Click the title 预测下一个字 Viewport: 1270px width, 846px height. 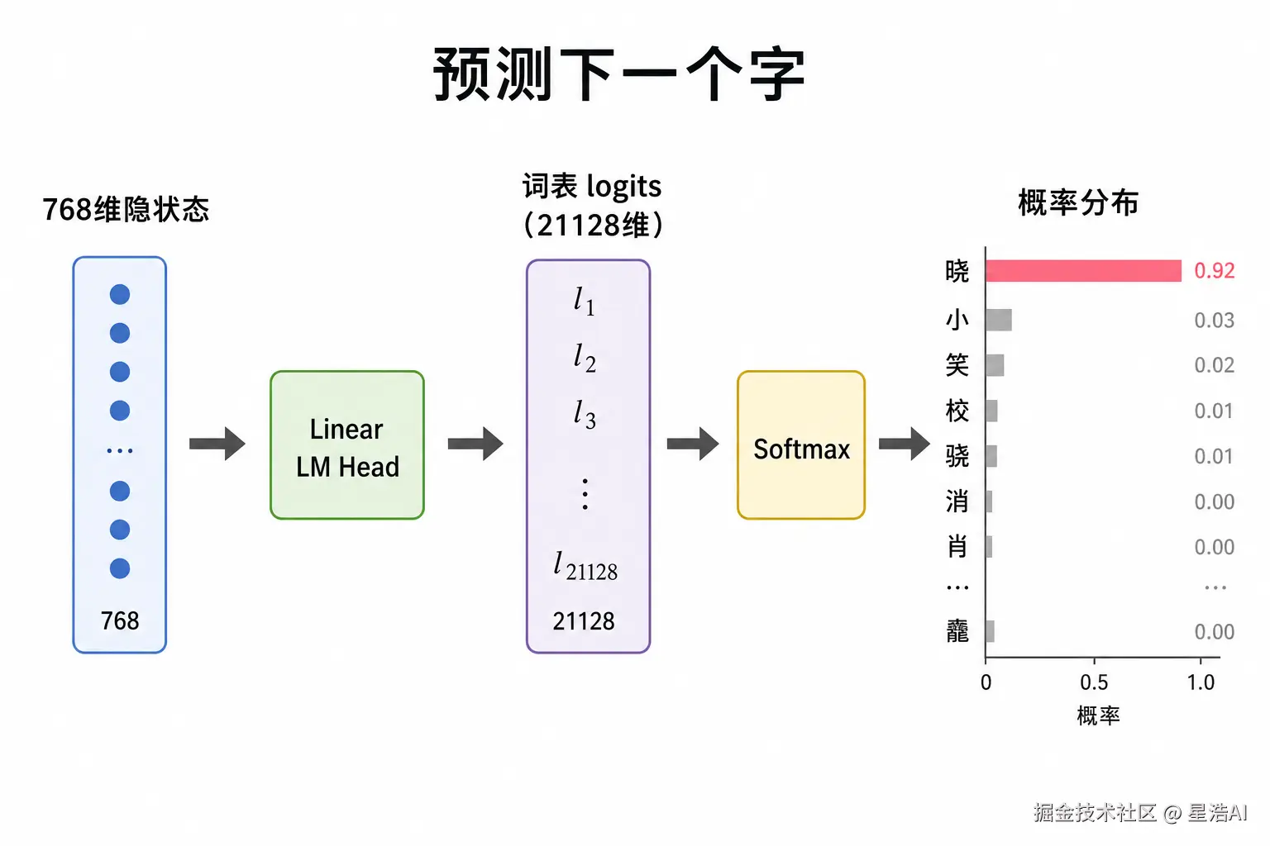(619, 74)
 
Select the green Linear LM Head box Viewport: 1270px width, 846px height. (347, 444)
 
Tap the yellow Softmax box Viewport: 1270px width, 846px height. (801, 444)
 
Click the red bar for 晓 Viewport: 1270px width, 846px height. (1083, 271)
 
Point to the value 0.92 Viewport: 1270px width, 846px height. (1214, 271)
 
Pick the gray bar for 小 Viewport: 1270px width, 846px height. (999, 321)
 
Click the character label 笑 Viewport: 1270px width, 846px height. (957, 365)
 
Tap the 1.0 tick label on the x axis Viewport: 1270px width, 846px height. (1201, 682)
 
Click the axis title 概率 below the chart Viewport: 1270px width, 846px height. (1098, 715)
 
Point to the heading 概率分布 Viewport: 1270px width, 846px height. (1078, 203)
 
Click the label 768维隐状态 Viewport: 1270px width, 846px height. (126, 209)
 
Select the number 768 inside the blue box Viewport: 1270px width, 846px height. (120, 621)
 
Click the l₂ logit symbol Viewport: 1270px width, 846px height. (585, 359)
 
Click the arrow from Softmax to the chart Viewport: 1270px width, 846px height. (905, 444)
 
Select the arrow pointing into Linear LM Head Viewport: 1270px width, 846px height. (217, 444)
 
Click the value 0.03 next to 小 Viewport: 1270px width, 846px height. (1214, 321)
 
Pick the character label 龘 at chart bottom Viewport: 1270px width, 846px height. (957, 631)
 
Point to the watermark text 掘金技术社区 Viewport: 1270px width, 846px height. (1094, 813)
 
